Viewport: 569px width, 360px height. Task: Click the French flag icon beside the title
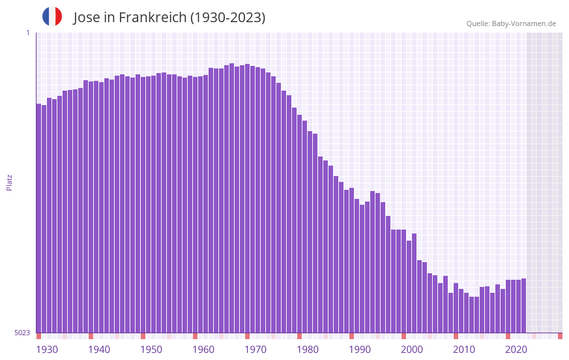tap(52, 16)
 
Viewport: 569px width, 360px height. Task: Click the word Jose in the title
tap(87, 18)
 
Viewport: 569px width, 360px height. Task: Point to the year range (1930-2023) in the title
tap(227, 18)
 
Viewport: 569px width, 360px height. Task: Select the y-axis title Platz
tap(9, 182)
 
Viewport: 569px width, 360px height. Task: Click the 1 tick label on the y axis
tap(27, 33)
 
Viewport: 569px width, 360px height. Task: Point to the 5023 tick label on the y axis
tap(22, 333)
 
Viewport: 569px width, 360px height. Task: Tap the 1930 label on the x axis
tap(47, 350)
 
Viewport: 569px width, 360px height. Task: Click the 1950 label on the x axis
tap(151, 350)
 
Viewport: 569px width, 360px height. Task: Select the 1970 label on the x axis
tap(255, 350)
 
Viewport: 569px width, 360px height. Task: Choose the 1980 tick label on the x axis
tap(308, 350)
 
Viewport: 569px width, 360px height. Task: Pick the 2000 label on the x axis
tap(412, 350)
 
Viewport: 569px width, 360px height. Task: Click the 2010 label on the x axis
tap(464, 350)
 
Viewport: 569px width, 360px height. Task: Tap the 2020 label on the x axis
tap(516, 350)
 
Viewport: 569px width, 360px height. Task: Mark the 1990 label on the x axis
tap(360, 350)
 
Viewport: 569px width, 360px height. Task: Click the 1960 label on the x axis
tap(203, 350)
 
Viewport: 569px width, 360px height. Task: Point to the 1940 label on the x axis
tap(99, 350)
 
